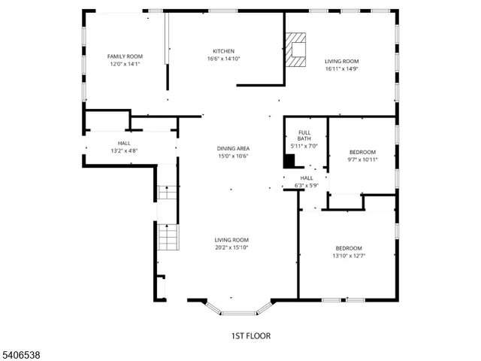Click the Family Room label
(125, 56)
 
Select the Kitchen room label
(223, 51)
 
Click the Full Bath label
(304, 135)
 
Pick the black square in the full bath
(289, 161)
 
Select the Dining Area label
(232, 148)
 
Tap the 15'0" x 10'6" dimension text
(232, 156)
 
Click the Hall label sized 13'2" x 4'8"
(124, 143)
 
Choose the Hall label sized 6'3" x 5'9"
(307, 177)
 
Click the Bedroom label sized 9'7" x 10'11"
(362, 152)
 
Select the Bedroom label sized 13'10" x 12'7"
(349, 248)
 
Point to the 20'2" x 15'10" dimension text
(231, 247)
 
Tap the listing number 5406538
(20, 353)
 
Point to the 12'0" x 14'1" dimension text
(125, 65)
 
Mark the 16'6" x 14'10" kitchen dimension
(223, 59)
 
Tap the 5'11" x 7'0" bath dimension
(304, 146)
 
